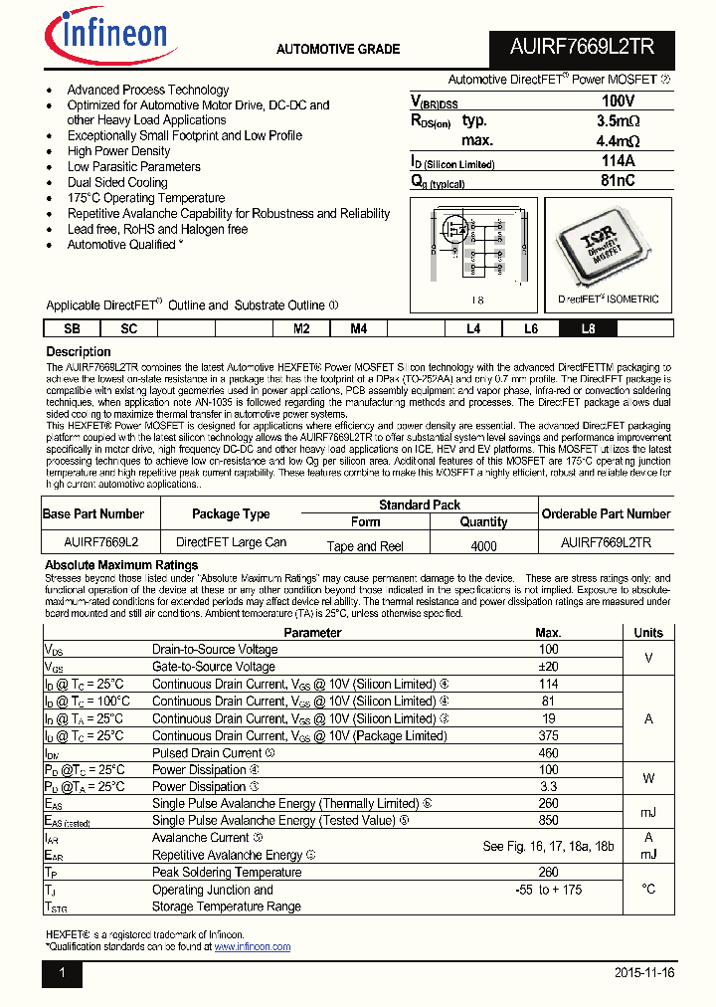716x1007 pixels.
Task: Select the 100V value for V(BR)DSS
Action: point(618,101)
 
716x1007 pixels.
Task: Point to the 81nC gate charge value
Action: point(618,181)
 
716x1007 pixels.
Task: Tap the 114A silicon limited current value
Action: point(618,161)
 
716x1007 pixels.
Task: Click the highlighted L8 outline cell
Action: point(589,329)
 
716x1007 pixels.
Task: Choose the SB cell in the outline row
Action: point(72,329)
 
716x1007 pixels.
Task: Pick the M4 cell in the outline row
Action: point(358,329)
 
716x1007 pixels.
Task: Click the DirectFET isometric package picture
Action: point(608,244)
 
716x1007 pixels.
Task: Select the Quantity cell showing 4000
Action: point(483,545)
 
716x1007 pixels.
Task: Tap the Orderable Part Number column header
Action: point(606,513)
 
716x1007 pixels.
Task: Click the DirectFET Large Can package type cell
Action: point(231,542)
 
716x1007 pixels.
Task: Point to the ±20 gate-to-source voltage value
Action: point(548,667)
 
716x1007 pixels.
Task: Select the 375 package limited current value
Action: point(548,736)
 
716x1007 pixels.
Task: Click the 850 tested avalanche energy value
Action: point(548,821)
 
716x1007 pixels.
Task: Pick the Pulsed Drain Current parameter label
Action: point(207,753)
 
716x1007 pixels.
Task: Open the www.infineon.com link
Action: point(252,947)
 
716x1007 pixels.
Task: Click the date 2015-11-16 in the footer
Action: point(644,973)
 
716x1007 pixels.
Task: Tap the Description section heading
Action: point(79,352)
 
